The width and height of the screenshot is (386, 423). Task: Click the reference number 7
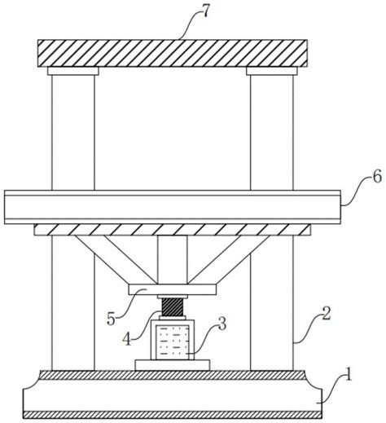(x=205, y=11)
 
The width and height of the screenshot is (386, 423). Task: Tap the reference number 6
(x=377, y=177)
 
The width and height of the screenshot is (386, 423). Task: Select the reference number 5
(x=111, y=319)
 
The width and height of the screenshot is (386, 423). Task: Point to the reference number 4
(x=126, y=339)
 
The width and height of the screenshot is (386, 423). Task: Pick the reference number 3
(x=222, y=324)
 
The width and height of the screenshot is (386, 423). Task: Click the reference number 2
(x=326, y=314)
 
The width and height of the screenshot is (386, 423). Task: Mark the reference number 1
(x=348, y=374)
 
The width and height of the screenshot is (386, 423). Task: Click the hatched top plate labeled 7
(x=173, y=53)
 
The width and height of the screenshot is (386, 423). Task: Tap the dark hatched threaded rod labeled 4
(x=173, y=307)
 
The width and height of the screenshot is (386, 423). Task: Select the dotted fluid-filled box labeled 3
(x=173, y=341)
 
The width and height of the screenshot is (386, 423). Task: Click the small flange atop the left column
(x=73, y=71)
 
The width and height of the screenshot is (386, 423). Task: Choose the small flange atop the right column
(x=272, y=71)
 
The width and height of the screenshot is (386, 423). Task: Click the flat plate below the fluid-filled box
(x=173, y=365)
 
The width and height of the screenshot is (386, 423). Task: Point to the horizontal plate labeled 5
(x=173, y=289)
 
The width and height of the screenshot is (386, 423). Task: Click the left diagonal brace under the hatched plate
(x=116, y=259)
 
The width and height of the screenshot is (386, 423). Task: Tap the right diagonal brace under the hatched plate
(x=229, y=259)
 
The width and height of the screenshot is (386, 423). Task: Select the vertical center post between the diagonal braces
(x=173, y=260)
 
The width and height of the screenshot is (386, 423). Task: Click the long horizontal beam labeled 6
(x=173, y=207)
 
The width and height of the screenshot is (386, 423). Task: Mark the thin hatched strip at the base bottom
(x=173, y=414)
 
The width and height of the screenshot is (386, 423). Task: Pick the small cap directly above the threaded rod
(x=173, y=297)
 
